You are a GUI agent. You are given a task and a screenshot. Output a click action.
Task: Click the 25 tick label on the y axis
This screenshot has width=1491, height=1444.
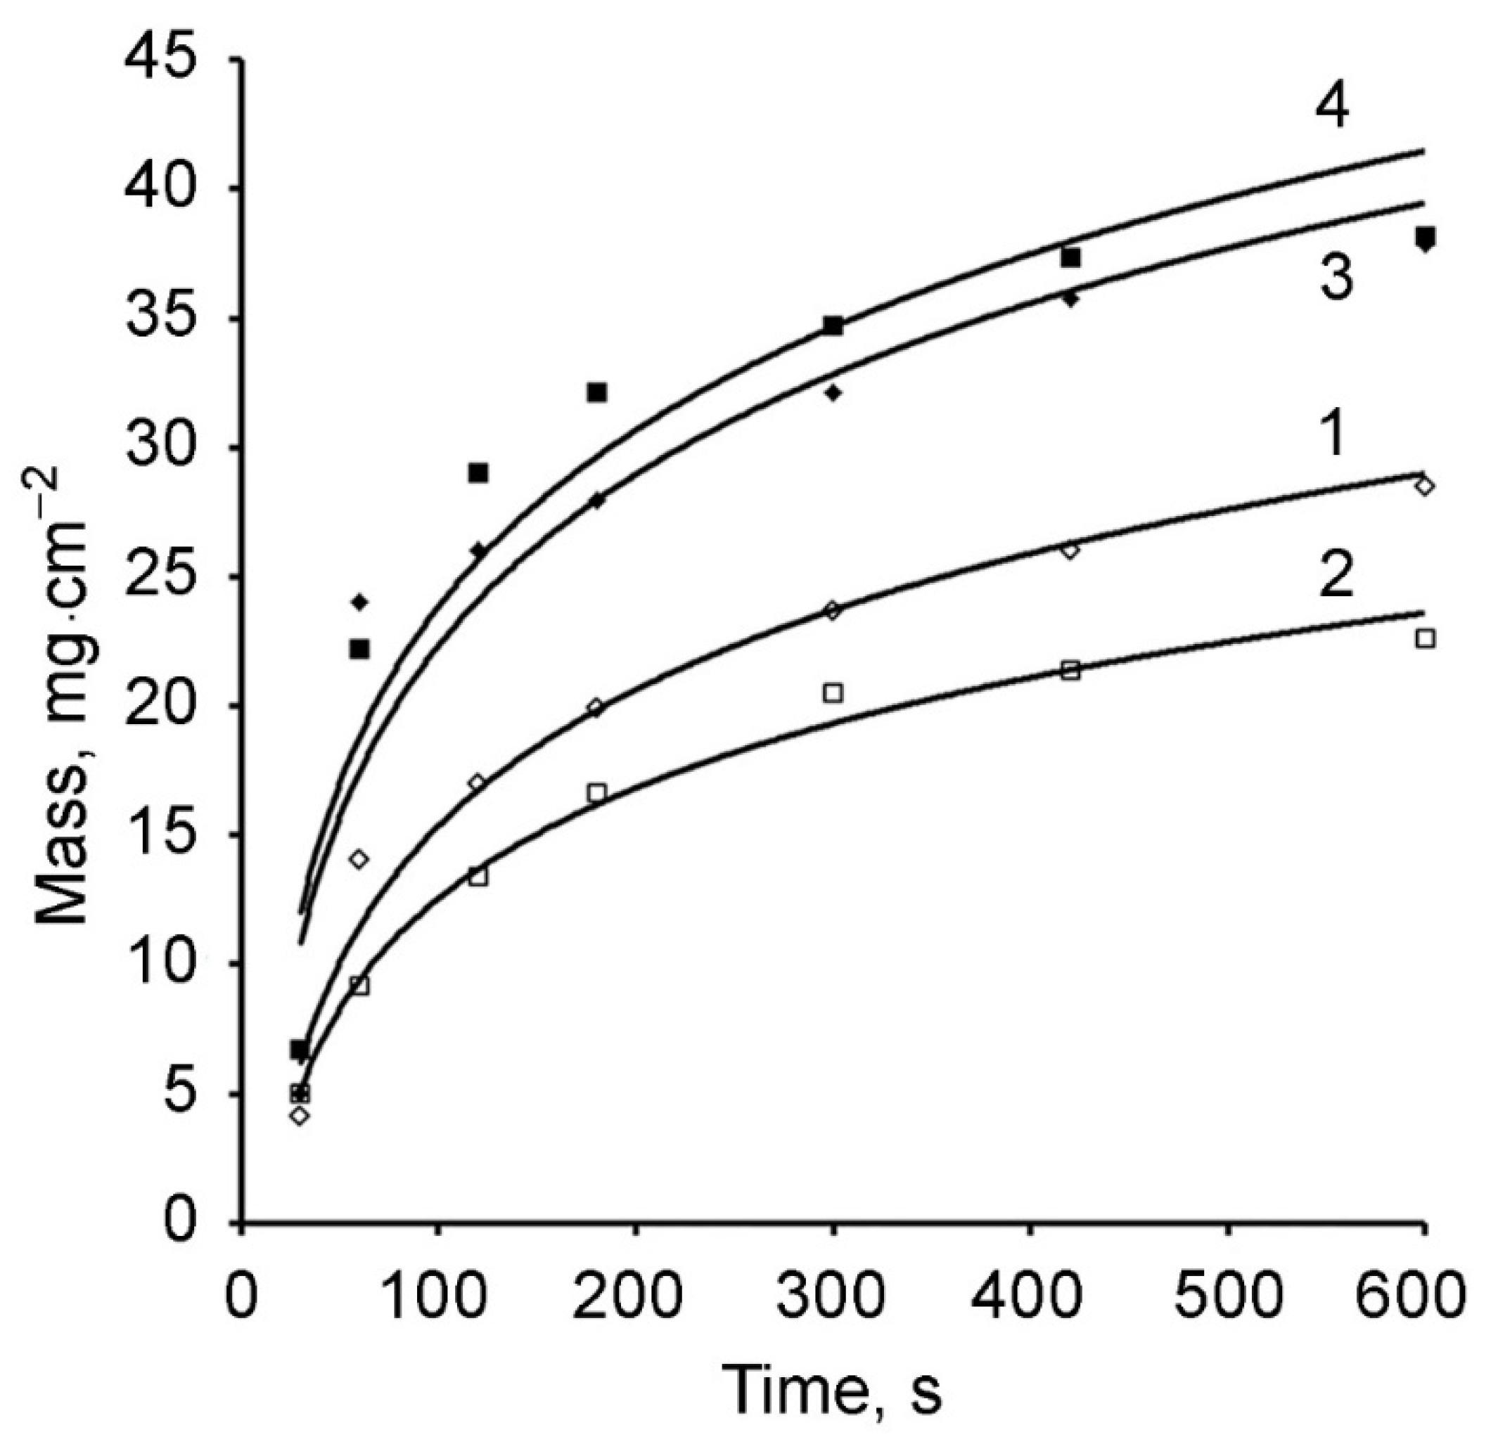click(161, 576)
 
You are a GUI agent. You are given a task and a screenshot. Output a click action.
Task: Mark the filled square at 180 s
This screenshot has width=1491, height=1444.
click(597, 392)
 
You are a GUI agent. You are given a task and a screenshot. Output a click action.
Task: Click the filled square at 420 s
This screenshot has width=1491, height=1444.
click(1070, 258)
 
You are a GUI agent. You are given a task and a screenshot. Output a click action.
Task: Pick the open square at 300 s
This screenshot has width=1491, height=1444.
click(833, 692)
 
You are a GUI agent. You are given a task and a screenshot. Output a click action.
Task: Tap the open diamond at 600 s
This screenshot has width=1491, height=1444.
click(1424, 485)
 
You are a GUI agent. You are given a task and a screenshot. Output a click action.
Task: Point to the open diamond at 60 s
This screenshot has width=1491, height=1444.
click(359, 859)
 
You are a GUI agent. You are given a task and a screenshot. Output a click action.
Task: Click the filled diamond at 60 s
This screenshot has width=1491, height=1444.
click(360, 603)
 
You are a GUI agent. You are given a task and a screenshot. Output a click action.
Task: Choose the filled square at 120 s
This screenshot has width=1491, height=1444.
click(478, 473)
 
